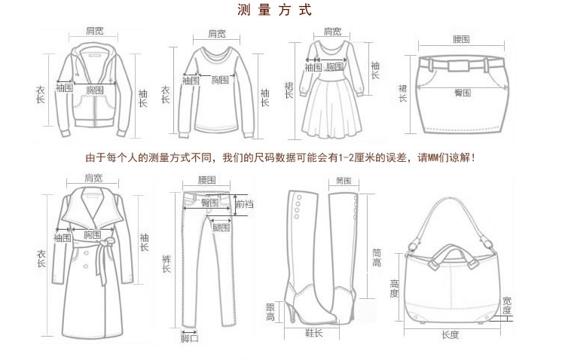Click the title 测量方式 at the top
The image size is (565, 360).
[274, 11]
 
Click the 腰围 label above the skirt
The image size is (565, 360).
[461, 38]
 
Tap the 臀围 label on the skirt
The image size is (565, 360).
[462, 92]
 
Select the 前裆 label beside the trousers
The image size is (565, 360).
[244, 204]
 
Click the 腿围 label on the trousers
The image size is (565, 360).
[221, 227]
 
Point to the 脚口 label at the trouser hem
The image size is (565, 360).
[189, 338]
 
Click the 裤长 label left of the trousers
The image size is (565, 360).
[166, 264]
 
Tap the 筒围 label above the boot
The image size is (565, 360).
[344, 181]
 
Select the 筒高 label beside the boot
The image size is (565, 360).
[377, 258]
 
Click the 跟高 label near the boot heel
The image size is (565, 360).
[270, 312]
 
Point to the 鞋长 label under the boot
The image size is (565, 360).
[314, 332]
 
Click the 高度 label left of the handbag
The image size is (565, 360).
[394, 288]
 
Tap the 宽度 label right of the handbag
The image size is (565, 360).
[507, 305]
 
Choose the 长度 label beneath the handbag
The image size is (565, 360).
[450, 334]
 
